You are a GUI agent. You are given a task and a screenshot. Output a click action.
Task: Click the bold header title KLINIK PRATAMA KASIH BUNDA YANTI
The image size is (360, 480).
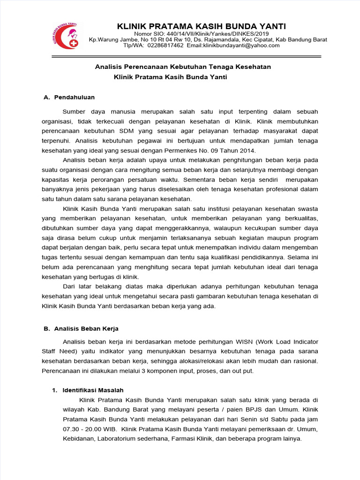[201, 26]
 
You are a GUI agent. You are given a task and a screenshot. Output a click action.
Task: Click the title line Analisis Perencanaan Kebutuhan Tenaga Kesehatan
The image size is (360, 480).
[183, 67]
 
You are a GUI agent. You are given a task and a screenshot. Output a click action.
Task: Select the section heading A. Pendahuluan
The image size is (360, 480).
[69, 97]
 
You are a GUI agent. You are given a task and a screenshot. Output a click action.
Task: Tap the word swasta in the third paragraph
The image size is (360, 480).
[307, 209]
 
